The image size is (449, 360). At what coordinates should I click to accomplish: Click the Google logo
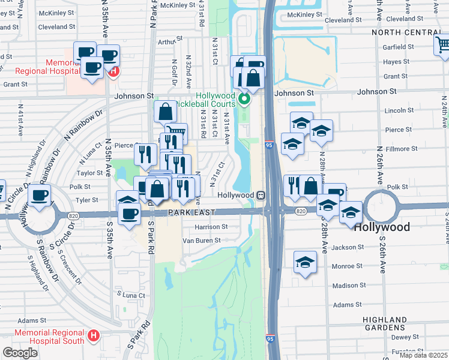tap(20, 353)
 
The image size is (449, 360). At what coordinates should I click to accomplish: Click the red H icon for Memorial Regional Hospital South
tap(93, 336)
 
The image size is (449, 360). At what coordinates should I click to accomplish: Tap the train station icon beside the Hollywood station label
tap(261, 195)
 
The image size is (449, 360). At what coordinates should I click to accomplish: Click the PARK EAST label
tap(191, 212)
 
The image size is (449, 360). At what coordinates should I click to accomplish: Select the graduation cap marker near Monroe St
tap(305, 262)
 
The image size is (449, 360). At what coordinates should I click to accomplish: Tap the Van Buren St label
tap(202, 240)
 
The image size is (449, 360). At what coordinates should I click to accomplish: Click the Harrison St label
tap(210, 227)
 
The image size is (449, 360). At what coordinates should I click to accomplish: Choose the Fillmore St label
tap(402, 148)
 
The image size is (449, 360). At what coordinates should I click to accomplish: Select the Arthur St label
tap(166, 42)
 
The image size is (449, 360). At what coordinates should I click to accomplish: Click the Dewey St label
tap(405, 337)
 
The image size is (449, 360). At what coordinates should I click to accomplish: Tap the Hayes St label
tap(396, 62)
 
